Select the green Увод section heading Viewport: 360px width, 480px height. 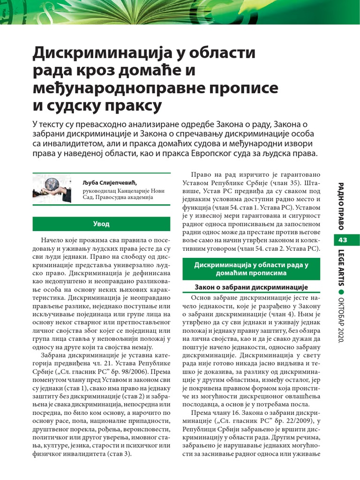tap(101, 224)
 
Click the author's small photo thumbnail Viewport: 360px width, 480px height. tap(52, 188)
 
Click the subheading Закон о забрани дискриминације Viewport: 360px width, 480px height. tap(252, 287)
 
